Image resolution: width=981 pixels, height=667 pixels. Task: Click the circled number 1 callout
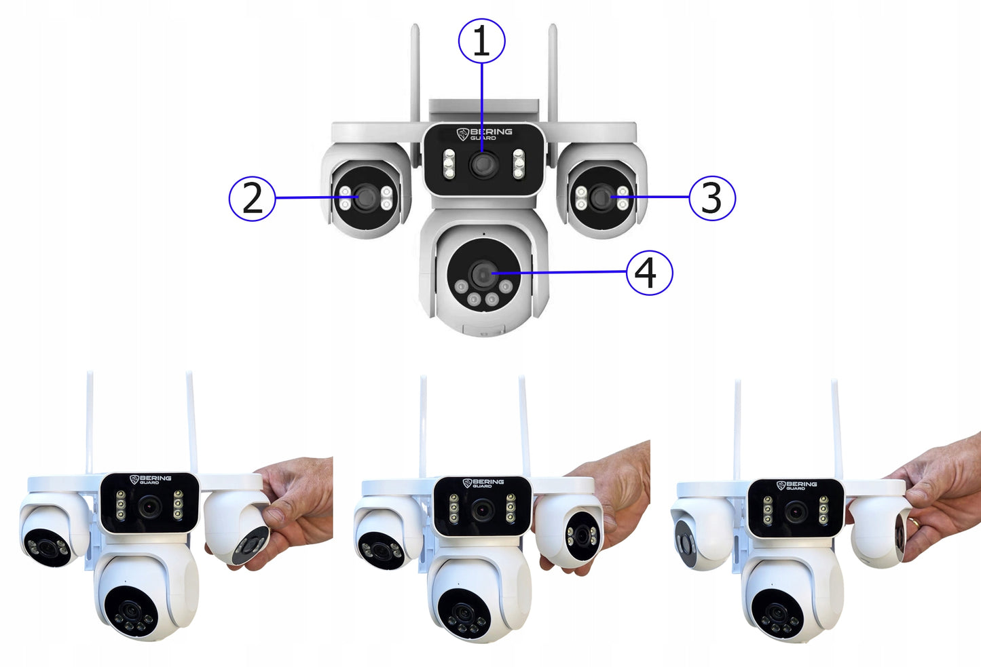point(481,41)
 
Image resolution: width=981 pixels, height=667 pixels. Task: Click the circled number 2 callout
point(252,198)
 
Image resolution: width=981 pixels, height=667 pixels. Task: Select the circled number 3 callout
point(711,198)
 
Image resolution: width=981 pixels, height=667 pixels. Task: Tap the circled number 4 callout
point(649,273)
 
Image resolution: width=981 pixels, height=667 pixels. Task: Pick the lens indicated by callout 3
point(601,197)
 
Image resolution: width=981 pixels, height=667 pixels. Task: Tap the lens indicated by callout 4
point(483,274)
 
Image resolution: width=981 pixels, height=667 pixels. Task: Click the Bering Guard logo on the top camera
point(485,134)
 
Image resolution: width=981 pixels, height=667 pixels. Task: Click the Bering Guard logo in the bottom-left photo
point(150,480)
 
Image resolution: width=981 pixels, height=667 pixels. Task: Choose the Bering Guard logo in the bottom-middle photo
point(483,483)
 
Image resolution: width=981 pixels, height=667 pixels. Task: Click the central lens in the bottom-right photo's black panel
point(796,512)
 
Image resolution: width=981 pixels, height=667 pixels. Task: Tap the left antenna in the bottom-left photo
point(89,421)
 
